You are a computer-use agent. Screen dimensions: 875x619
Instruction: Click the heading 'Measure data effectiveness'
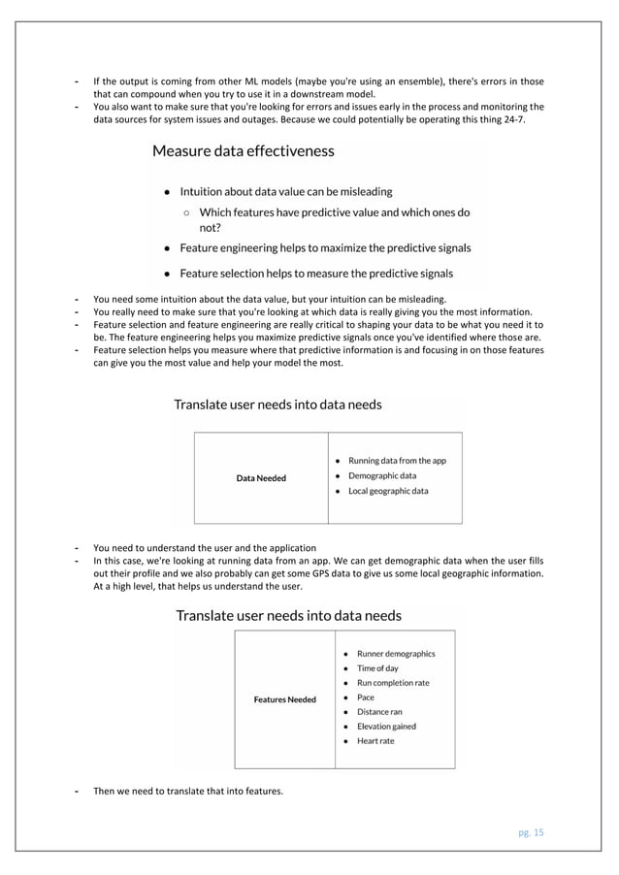[x=243, y=151]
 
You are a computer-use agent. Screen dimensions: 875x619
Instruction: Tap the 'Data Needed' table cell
[x=261, y=477]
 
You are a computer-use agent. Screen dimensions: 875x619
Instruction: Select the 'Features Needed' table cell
[x=284, y=699]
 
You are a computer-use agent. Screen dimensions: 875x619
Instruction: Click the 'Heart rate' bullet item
[x=375, y=740]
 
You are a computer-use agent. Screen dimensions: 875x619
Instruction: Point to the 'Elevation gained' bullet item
[x=386, y=726]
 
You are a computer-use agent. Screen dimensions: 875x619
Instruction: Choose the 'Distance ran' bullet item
[x=379, y=711]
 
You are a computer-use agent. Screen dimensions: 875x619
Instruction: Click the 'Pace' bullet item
[x=366, y=697]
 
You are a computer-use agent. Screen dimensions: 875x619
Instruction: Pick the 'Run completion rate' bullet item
[x=393, y=683]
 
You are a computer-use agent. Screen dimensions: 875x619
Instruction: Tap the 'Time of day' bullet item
[x=377, y=668]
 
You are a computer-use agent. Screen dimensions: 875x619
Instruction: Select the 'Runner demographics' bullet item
[x=396, y=654]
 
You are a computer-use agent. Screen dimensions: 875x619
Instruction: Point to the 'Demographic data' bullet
[x=382, y=476]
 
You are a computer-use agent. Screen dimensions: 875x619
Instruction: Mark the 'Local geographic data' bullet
[x=388, y=491]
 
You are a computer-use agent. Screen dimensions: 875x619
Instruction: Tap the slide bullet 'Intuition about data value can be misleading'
[x=286, y=192]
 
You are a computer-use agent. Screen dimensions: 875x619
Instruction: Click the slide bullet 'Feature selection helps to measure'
[x=315, y=274]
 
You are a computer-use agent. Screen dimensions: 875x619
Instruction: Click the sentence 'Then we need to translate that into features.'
[x=187, y=791]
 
